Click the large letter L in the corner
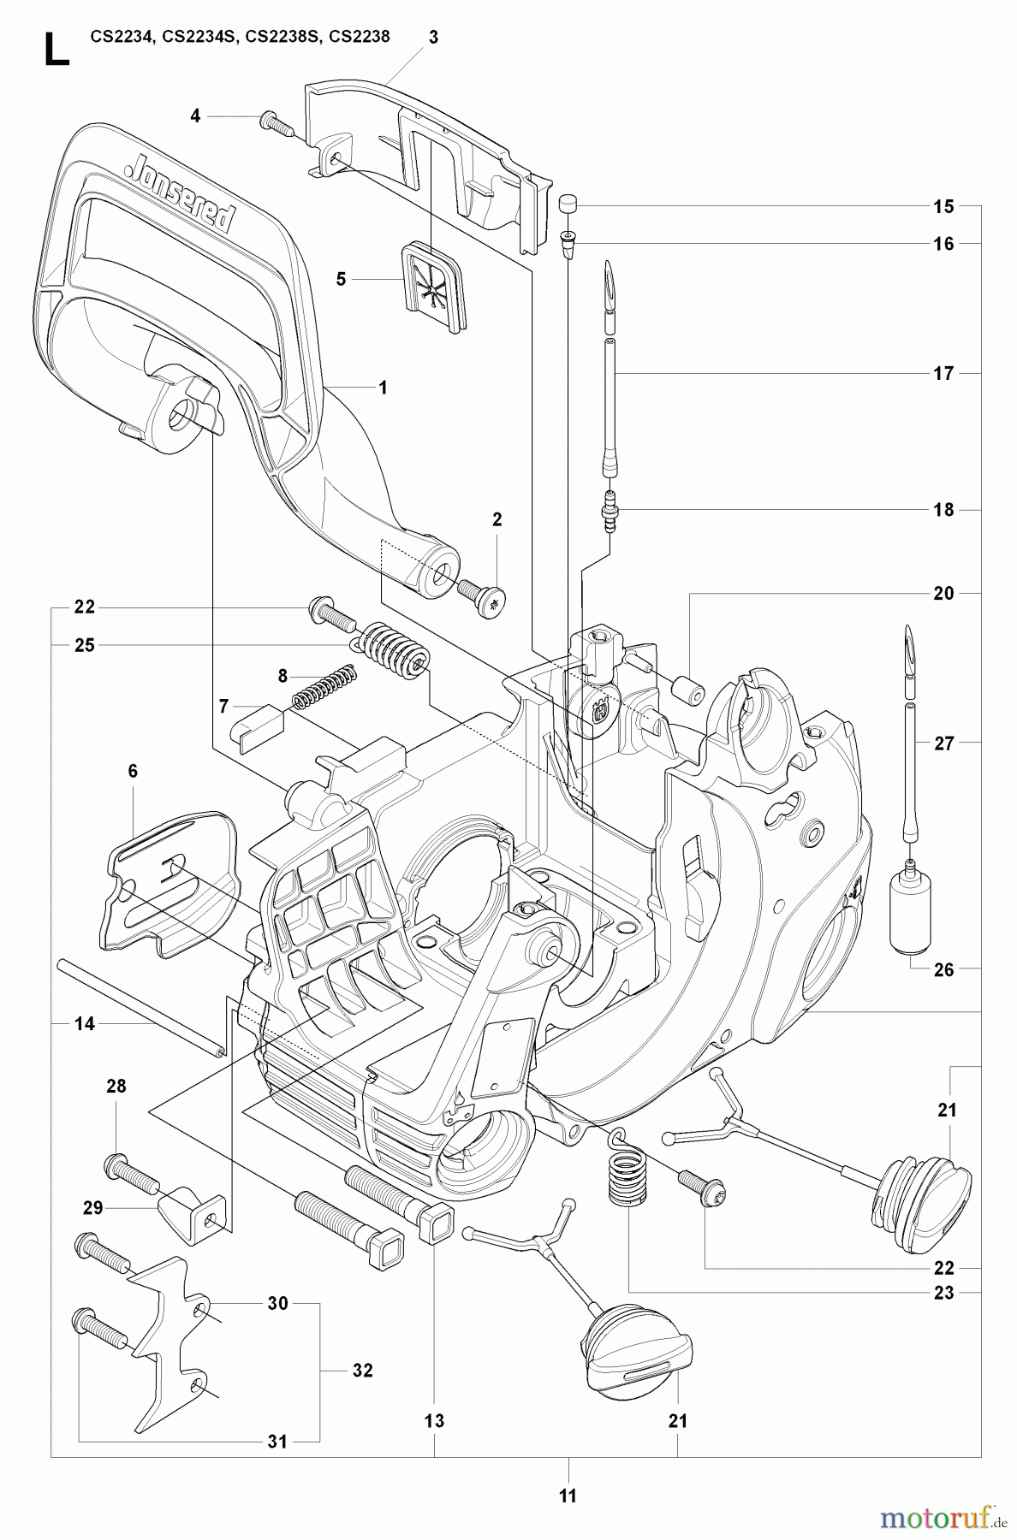coord(56,50)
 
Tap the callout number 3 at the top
coord(434,37)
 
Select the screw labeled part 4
coord(277,122)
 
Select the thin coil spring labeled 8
coord(324,687)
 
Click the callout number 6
coord(133,771)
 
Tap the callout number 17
coord(943,373)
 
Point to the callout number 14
coord(84,1022)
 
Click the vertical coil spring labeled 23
coord(629,1180)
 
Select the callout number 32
coord(363,1370)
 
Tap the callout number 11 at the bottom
coord(568,1496)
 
